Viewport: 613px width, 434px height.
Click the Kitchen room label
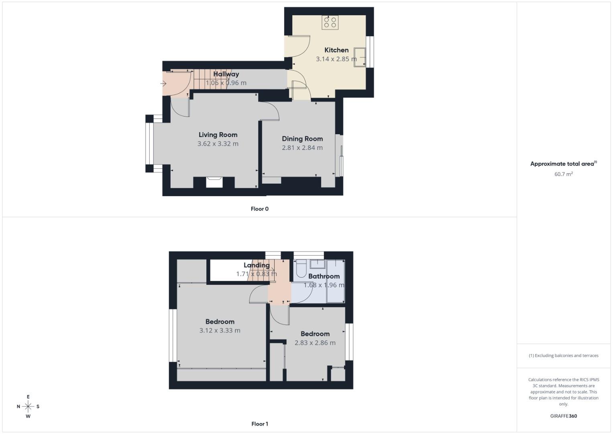[x=336, y=50]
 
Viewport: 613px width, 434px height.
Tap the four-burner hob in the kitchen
[x=330, y=22]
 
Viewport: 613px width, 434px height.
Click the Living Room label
[x=218, y=135]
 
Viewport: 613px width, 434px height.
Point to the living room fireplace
[x=214, y=182]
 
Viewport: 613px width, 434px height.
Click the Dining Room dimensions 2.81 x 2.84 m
[x=302, y=148]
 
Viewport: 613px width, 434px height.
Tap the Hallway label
[x=226, y=74]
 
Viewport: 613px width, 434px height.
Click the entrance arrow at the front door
[x=163, y=84]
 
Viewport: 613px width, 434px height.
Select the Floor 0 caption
[x=260, y=209]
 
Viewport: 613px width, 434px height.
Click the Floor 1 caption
[x=260, y=424]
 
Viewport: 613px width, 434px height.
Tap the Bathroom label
[x=324, y=276]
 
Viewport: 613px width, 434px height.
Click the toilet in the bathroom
[x=301, y=269]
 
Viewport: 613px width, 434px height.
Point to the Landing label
[x=257, y=265]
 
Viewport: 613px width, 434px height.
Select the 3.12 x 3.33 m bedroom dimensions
[x=220, y=331]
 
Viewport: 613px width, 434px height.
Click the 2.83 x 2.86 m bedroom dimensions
[x=315, y=343]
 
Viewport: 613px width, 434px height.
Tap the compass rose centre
[x=28, y=406]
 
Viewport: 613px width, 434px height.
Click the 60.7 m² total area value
[x=564, y=174]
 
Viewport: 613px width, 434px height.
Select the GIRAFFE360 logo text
[x=564, y=416]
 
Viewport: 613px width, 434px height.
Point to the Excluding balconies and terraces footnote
[x=564, y=356]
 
